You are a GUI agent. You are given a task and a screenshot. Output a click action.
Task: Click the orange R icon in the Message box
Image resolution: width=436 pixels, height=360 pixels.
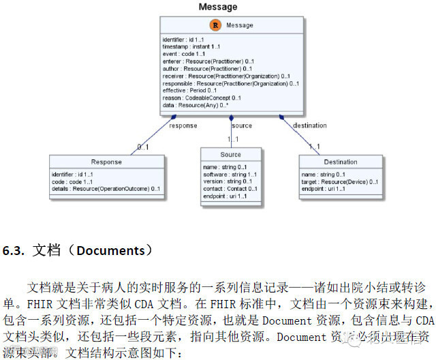point(215,25)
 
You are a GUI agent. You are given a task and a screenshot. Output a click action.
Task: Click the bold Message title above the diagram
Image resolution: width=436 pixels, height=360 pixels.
point(218,7)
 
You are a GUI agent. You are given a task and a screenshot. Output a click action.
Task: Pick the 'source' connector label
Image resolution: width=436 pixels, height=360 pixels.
point(242,125)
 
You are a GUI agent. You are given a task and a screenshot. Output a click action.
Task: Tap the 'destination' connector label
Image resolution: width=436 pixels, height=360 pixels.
point(309,125)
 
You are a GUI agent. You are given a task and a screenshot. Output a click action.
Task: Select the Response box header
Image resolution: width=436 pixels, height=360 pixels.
point(106,162)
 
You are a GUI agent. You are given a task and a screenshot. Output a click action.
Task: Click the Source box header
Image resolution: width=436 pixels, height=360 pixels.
point(230,155)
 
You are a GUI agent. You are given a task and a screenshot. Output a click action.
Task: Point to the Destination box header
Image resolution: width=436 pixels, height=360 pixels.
point(340,162)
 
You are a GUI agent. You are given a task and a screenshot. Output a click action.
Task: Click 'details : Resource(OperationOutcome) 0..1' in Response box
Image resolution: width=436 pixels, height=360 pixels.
point(106,189)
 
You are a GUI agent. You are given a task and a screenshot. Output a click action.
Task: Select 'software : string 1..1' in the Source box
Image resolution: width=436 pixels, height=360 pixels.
point(225,174)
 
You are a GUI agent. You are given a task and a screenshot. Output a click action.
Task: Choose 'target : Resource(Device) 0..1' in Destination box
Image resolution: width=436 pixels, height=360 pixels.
point(339,181)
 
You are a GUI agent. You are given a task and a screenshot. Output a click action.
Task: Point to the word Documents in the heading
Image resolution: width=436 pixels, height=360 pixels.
point(110,250)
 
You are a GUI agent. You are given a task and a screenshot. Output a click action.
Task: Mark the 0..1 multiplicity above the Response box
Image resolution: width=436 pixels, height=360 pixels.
point(142,147)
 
